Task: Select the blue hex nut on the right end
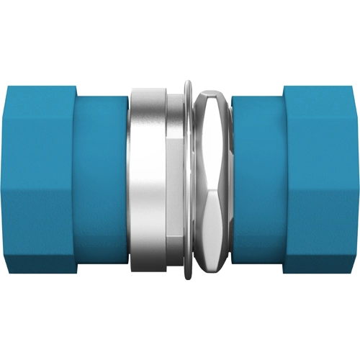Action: click(321, 180)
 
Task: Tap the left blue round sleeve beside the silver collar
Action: click(101, 180)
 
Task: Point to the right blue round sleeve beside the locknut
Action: click(258, 180)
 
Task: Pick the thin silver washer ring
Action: click(189, 180)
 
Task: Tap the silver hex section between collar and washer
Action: click(175, 180)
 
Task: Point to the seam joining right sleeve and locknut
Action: click(232, 180)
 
